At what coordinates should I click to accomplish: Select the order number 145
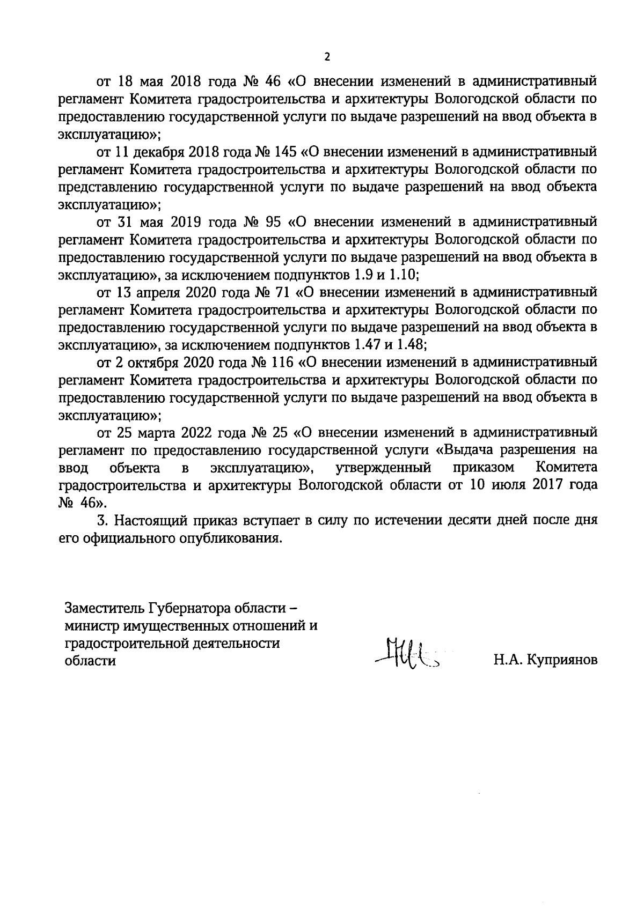285,152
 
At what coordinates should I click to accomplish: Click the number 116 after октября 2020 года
281,363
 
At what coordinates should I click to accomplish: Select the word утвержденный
384,468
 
